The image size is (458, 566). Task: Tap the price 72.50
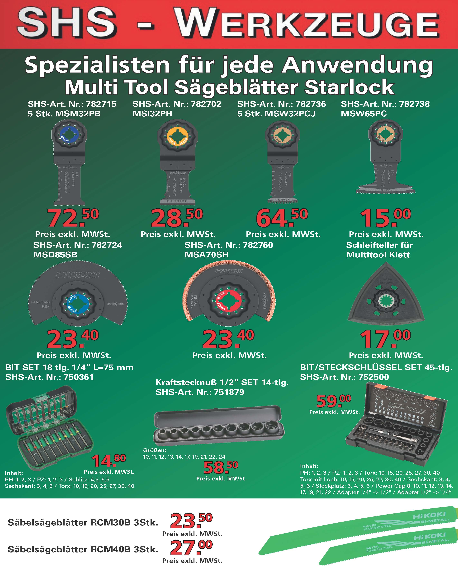tap(73, 218)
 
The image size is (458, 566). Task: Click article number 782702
tap(206, 104)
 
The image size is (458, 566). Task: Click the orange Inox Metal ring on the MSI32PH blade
tap(177, 136)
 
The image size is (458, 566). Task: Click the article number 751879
tap(229, 392)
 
